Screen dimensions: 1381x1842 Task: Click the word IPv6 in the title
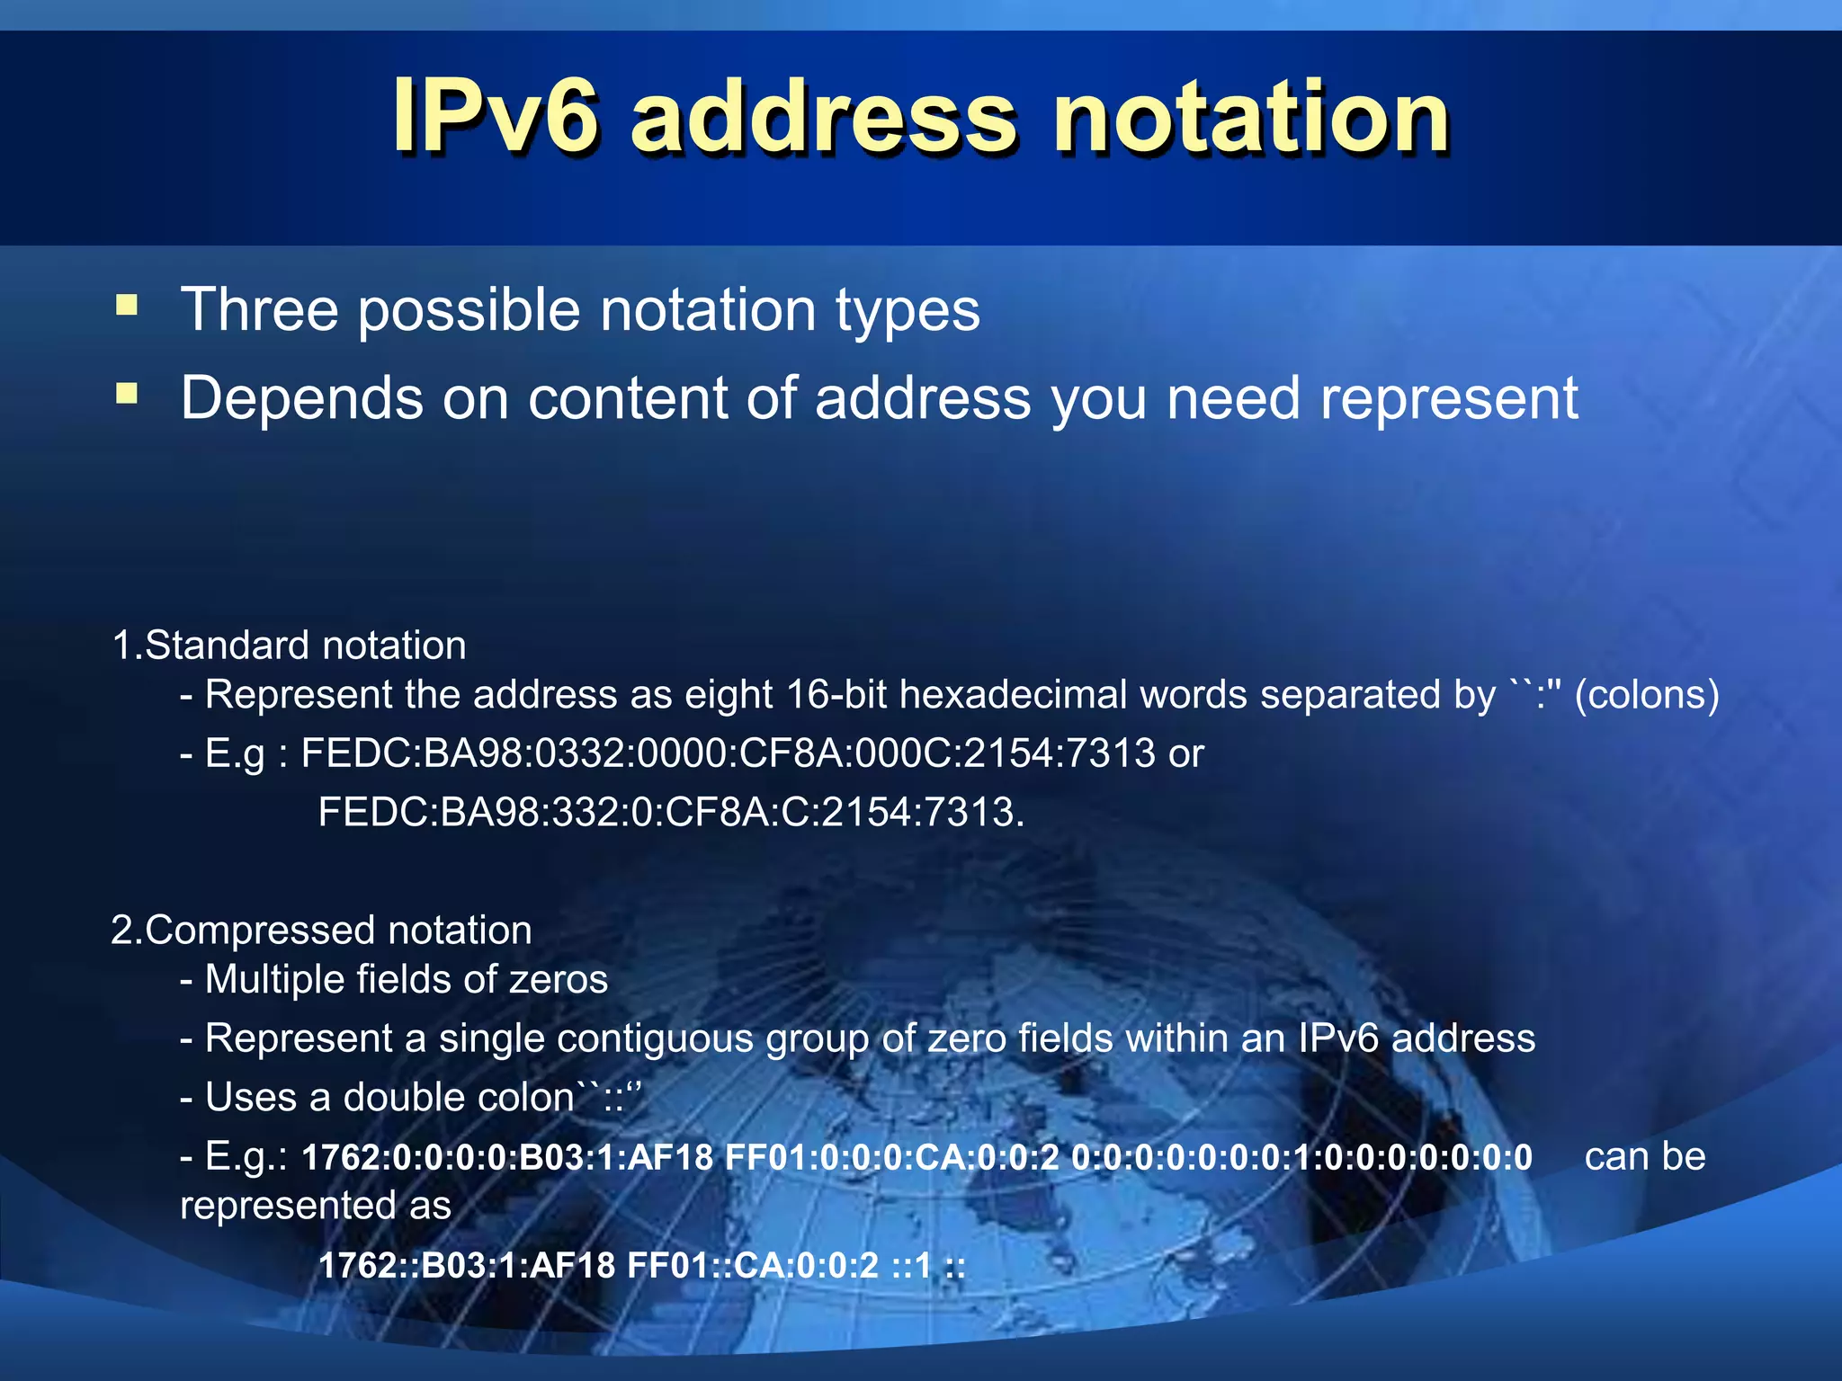495,117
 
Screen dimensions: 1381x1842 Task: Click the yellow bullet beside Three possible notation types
127,306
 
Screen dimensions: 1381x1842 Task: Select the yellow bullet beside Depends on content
127,394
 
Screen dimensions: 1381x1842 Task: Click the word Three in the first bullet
260,310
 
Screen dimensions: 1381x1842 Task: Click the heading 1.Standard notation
289,646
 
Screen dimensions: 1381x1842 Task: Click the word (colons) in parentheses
1647,695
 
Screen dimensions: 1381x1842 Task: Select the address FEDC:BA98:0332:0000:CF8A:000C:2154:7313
728,753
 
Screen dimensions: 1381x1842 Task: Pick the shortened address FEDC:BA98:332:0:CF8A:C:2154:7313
670,812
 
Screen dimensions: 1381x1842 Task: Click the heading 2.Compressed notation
321,930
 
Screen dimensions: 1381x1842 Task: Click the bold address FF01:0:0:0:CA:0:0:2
892,1157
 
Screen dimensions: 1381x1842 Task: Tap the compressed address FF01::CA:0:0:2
752,1266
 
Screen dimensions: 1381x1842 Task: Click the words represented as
316,1206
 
